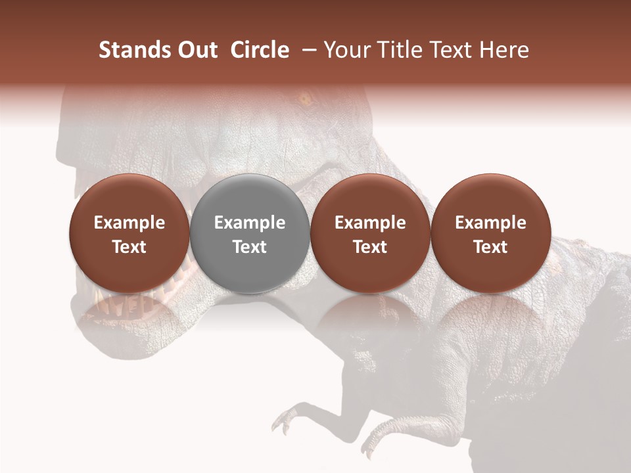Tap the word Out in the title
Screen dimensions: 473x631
(x=198, y=50)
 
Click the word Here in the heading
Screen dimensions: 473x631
(x=504, y=50)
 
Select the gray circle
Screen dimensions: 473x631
(x=250, y=233)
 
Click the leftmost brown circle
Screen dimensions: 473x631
(x=129, y=233)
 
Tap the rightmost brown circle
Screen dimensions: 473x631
(x=490, y=233)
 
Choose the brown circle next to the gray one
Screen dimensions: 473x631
(x=370, y=233)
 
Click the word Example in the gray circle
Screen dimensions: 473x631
(x=250, y=223)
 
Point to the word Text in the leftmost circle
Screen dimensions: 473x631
(x=129, y=247)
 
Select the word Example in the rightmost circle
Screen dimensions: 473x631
(x=490, y=223)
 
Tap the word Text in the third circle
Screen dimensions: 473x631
(x=370, y=247)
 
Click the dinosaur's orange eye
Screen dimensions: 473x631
(x=305, y=100)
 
